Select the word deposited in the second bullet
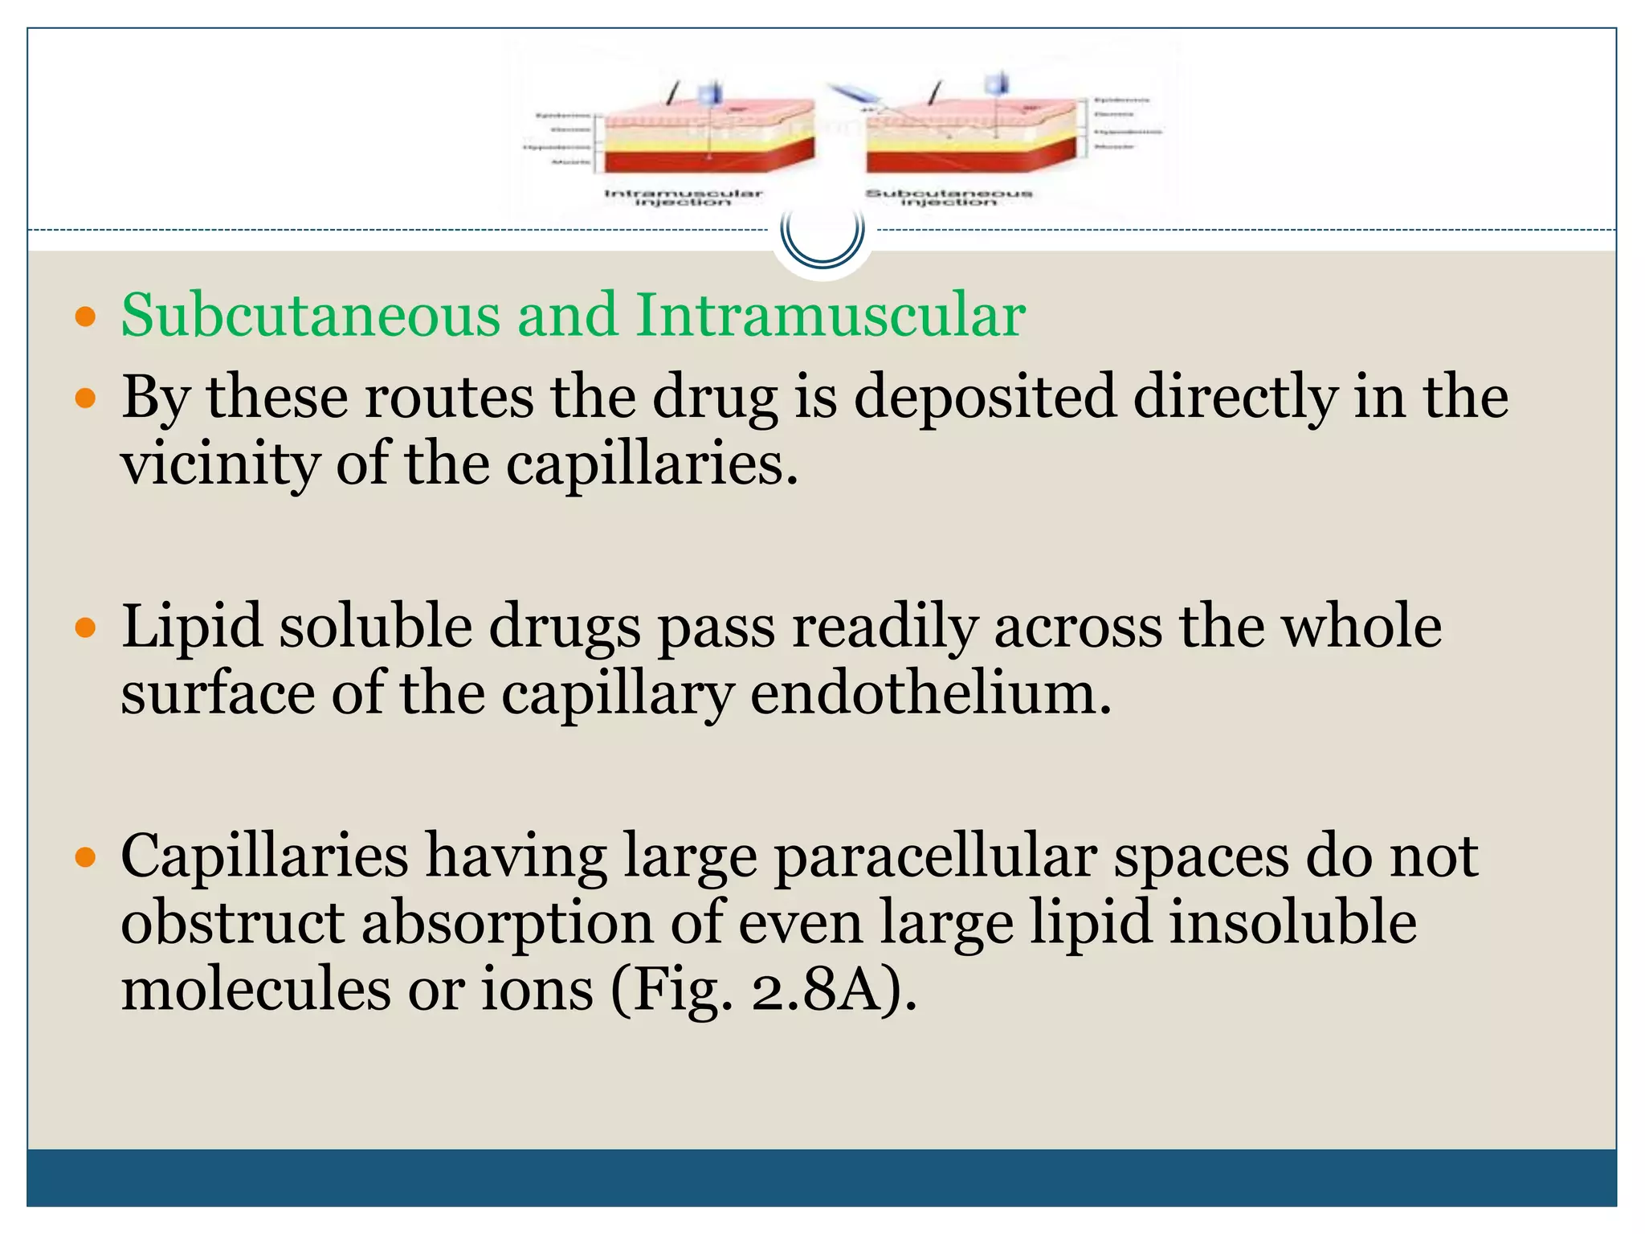[985, 397]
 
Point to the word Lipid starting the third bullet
[192, 627]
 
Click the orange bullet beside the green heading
[85, 317]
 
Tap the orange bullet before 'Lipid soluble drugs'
[85, 627]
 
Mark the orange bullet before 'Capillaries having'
[85, 857]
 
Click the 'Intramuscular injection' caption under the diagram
[683, 197]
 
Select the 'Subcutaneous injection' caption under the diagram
[949, 197]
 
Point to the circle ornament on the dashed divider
[822, 232]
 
